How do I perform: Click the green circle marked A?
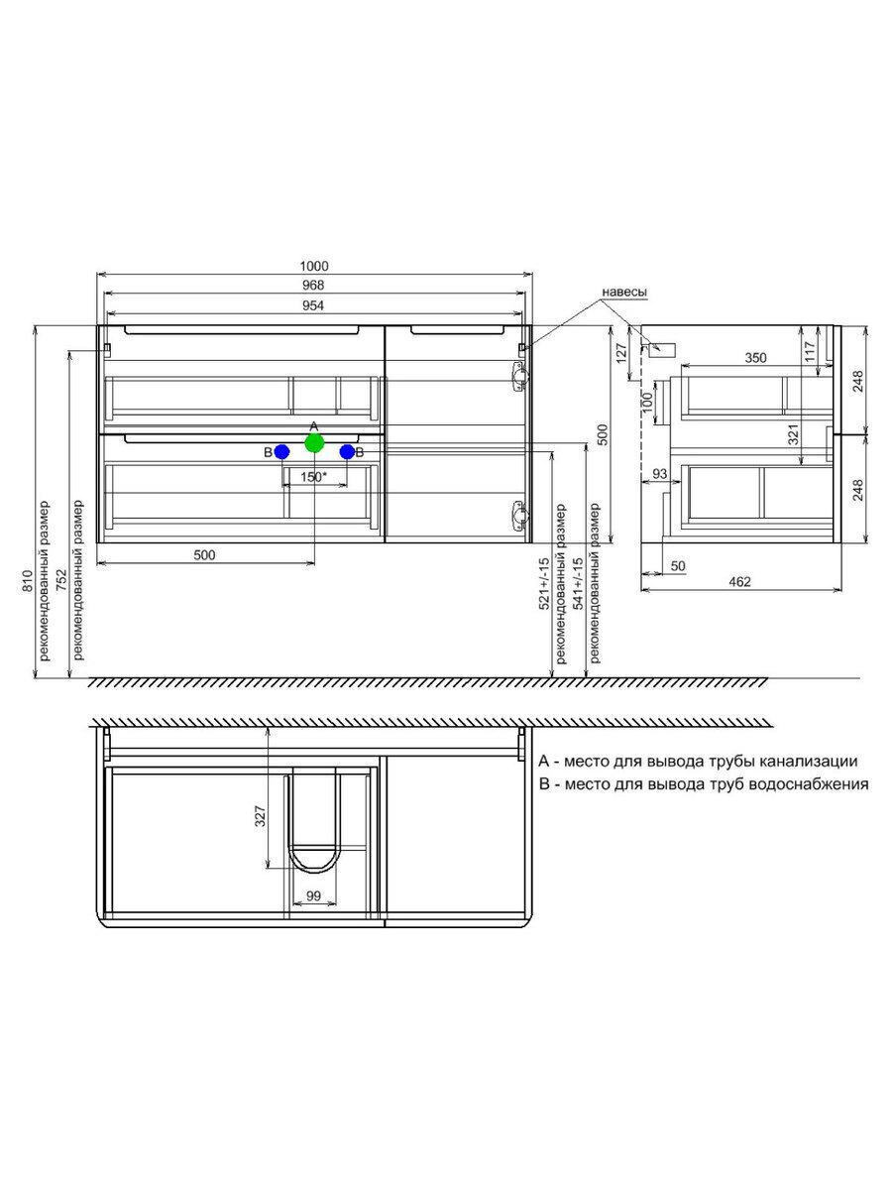(314, 443)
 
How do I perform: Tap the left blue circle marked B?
(281, 451)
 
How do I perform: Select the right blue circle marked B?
(347, 451)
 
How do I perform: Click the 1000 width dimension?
(314, 266)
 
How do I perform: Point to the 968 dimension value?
(313, 286)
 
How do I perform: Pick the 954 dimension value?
(313, 305)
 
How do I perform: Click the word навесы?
(624, 293)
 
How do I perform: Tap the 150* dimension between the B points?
(314, 477)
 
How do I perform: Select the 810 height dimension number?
(28, 580)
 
